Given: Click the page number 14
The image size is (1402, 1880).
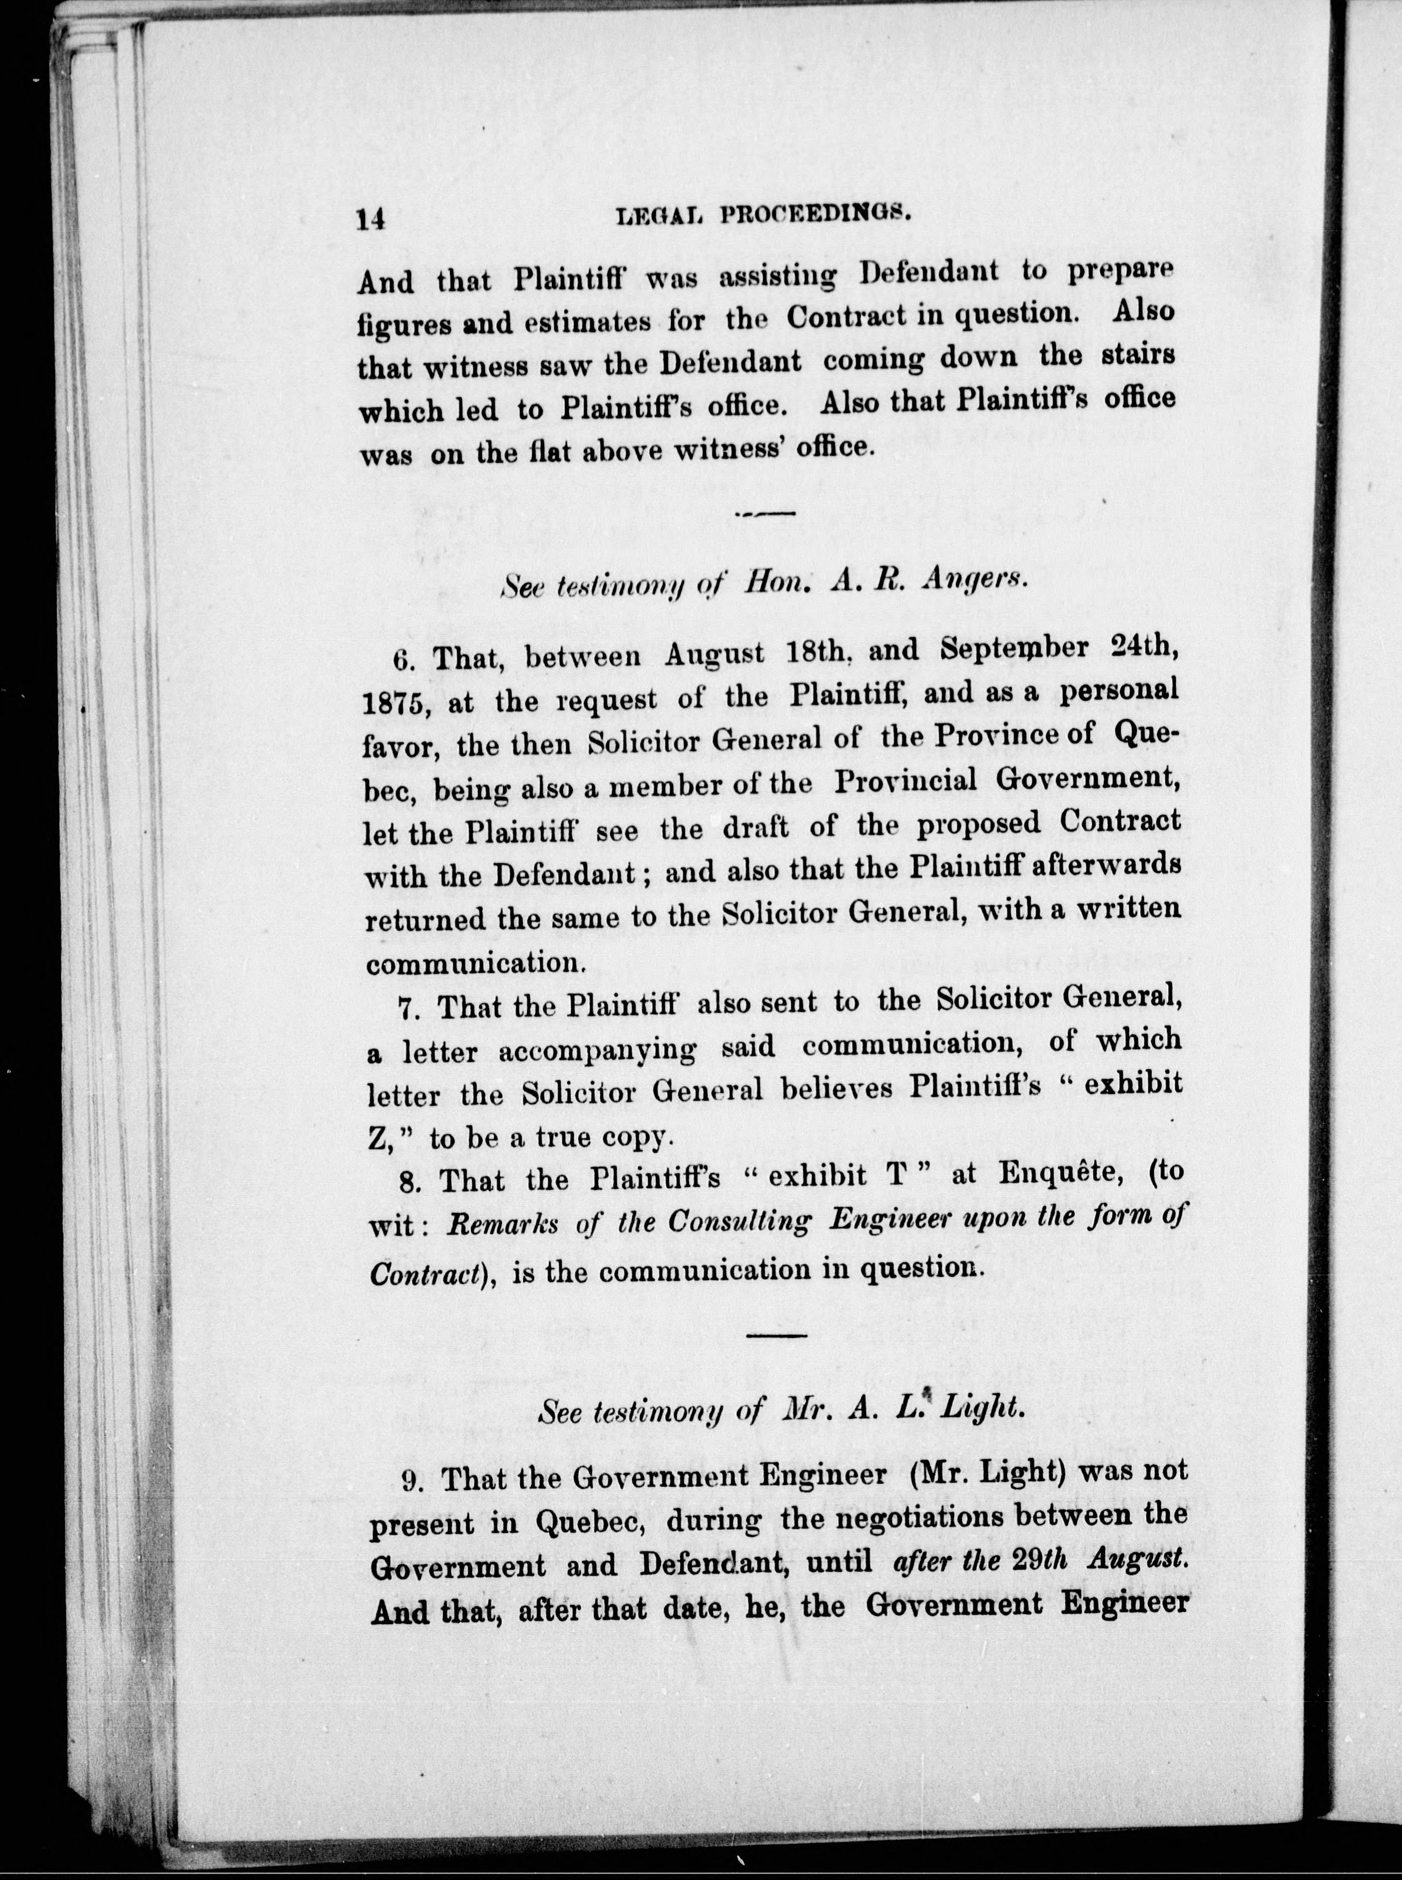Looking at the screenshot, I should pos(371,220).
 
